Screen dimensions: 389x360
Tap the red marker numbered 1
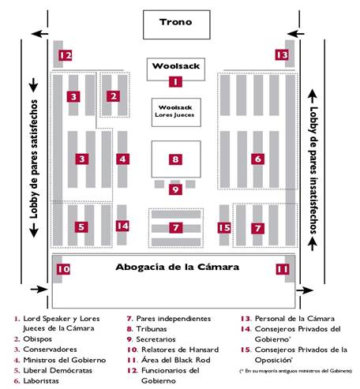tap(175, 80)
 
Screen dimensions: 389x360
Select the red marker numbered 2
tap(114, 96)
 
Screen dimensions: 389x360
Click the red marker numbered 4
tap(122, 159)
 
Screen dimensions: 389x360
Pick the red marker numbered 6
tap(257, 159)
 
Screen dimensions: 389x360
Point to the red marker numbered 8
tap(175, 159)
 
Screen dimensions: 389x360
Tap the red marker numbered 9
tap(175, 189)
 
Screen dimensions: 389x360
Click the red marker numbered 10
tap(62, 269)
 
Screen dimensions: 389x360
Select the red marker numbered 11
tap(283, 269)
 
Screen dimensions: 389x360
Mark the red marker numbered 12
tap(65, 55)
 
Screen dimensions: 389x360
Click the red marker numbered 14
tap(122, 226)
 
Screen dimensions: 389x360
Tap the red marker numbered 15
tap(224, 228)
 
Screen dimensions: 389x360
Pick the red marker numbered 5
tap(81, 226)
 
